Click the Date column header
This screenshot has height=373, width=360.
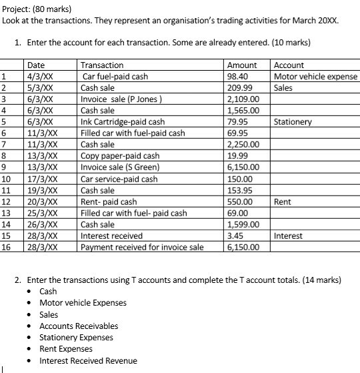37,65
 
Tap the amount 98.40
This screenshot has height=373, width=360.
237,76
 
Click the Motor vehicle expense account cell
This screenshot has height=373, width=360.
315,76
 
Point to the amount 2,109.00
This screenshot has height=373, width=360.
243,99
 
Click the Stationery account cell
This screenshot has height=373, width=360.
293,122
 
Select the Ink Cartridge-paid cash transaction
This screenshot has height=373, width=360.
123,122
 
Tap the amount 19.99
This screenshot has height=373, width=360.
237,155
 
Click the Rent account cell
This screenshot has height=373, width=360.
283,202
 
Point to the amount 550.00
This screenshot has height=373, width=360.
239,202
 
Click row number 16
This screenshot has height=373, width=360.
7,247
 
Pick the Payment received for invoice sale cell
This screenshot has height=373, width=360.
142,247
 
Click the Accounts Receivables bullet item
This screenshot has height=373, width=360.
79,326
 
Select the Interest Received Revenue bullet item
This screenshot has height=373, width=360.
88,360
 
